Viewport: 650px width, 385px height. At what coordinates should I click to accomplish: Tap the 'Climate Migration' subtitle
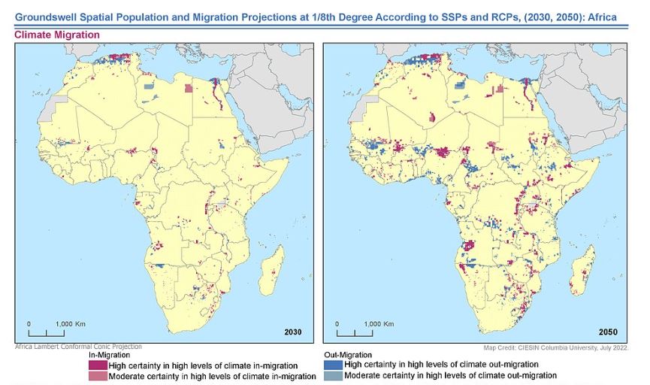coord(57,35)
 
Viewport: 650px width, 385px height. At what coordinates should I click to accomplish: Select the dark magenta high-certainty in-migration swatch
coord(98,365)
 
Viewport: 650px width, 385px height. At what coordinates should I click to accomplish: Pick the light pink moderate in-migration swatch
coord(98,375)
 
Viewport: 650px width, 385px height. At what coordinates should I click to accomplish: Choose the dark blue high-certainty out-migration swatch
coord(332,365)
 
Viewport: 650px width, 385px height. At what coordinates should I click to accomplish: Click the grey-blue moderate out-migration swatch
coord(332,375)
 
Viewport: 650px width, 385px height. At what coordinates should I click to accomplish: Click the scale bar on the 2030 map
coord(47,331)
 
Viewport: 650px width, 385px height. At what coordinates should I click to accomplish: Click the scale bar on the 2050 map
coord(354,331)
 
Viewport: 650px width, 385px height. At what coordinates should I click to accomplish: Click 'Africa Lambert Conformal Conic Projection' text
coord(78,347)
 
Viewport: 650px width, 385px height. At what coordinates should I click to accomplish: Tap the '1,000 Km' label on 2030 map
coord(66,323)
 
